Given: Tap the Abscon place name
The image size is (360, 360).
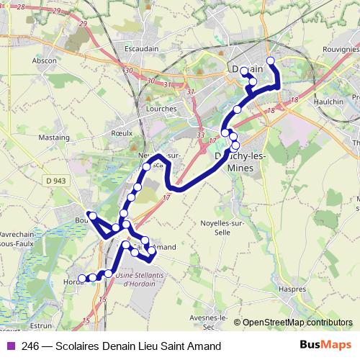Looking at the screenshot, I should tap(45, 61).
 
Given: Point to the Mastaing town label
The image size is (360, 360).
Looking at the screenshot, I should tap(54, 136).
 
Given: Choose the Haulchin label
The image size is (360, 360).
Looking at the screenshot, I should tap(329, 102).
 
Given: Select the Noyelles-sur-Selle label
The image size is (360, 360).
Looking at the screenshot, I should tap(225, 228).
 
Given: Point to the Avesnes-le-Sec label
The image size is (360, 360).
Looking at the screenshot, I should tap(210, 322).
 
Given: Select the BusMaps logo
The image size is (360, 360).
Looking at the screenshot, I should tap(325, 346).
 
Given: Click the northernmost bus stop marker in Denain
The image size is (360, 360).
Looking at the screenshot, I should tap(270, 60).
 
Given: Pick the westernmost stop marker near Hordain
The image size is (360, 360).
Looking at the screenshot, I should tap(81, 278).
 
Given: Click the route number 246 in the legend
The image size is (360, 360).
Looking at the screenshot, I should tap(30, 346).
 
